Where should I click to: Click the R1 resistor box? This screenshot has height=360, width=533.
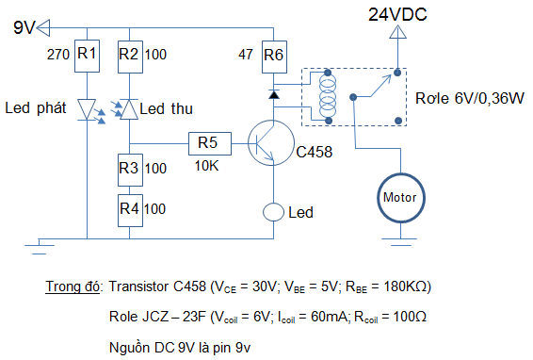87,57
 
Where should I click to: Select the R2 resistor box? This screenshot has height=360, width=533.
130,57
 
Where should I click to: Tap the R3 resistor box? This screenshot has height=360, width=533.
130,170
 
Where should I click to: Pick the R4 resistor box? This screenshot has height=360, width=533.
130,210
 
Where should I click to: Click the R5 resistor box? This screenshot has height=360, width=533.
210,143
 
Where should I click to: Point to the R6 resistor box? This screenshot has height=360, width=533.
274,57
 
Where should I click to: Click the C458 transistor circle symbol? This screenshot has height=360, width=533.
271,143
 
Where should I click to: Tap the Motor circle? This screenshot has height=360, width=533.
401,198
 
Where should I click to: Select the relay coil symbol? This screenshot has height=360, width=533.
328,97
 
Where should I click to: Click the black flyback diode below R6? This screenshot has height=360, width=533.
274,94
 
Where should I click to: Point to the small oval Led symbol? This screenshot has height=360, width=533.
273,212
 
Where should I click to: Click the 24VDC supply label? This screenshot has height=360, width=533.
397,15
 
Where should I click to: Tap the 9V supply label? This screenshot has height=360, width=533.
24,27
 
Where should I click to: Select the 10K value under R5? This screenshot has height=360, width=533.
206,166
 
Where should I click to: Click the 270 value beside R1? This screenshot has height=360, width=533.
58,55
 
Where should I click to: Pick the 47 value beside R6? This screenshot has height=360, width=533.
246,55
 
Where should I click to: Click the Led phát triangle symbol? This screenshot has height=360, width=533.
87,109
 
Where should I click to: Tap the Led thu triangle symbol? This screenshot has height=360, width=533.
130,109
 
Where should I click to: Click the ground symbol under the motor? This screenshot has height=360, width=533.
399,242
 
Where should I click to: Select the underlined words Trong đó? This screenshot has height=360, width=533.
73,286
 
